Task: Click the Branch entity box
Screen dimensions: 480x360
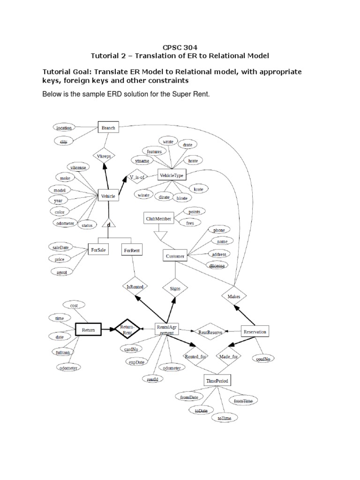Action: [x=108, y=127]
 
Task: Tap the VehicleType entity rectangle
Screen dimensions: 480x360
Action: [x=172, y=175]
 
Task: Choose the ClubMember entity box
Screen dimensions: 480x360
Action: [x=158, y=218]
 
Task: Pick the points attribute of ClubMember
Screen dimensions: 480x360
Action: [x=194, y=212]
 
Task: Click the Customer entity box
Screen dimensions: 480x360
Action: [x=175, y=256]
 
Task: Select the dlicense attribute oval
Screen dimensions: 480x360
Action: [x=217, y=266]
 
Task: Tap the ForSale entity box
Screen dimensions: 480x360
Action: [x=99, y=250]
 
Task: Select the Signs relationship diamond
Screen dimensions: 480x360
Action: [x=175, y=288]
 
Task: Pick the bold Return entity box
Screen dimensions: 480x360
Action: [x=88, y=330]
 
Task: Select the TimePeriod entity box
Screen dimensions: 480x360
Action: [x=217, y=381]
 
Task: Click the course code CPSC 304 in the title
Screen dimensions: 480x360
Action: [x=180, y=47]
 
